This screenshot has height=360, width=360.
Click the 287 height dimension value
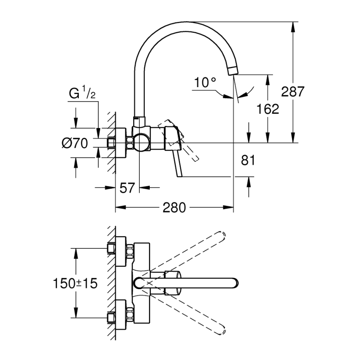coord(293,92)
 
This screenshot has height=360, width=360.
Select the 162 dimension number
coord(268,109)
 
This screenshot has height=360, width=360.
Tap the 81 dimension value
coord(248,160)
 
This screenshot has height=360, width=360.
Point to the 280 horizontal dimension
coord(174,207)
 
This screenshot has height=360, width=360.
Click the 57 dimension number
coord(127,188)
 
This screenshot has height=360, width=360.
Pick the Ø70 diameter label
coord(75,144)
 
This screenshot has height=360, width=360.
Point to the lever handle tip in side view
coord(181,175)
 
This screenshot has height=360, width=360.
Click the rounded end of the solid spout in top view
coord(236,283)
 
